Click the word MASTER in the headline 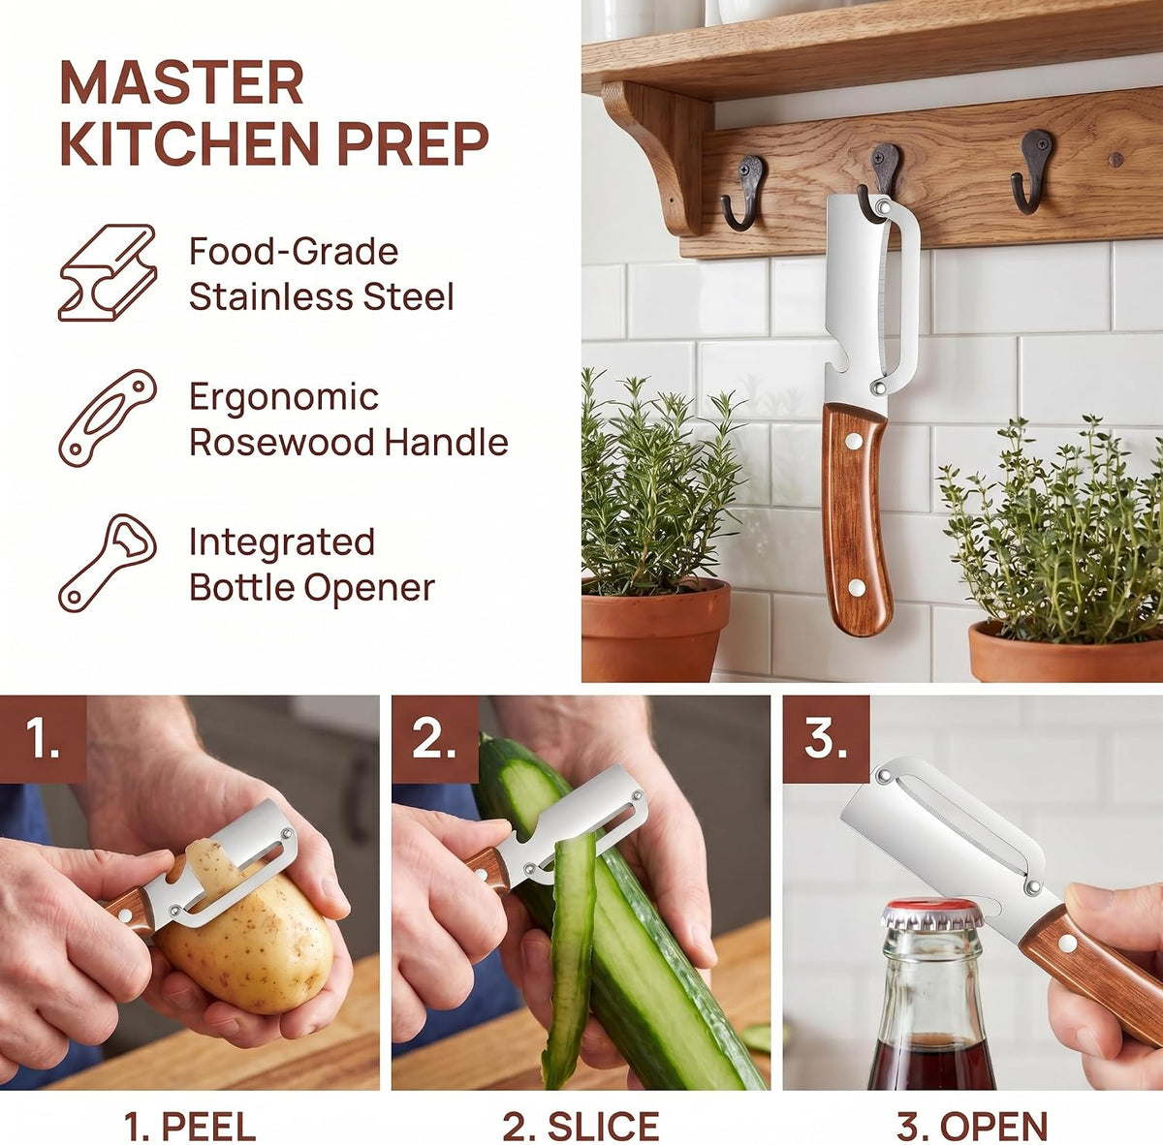point(181,82)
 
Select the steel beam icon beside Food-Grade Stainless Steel point(108,272)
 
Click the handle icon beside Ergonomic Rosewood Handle point(108,418)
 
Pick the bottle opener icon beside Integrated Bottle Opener point(108,563)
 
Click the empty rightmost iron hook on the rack point(1032,171)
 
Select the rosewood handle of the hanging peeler point(857,519)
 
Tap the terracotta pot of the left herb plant point(655,630)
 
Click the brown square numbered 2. point(435,739)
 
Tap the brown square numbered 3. point(827,739)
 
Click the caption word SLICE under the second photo point(602,1126)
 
